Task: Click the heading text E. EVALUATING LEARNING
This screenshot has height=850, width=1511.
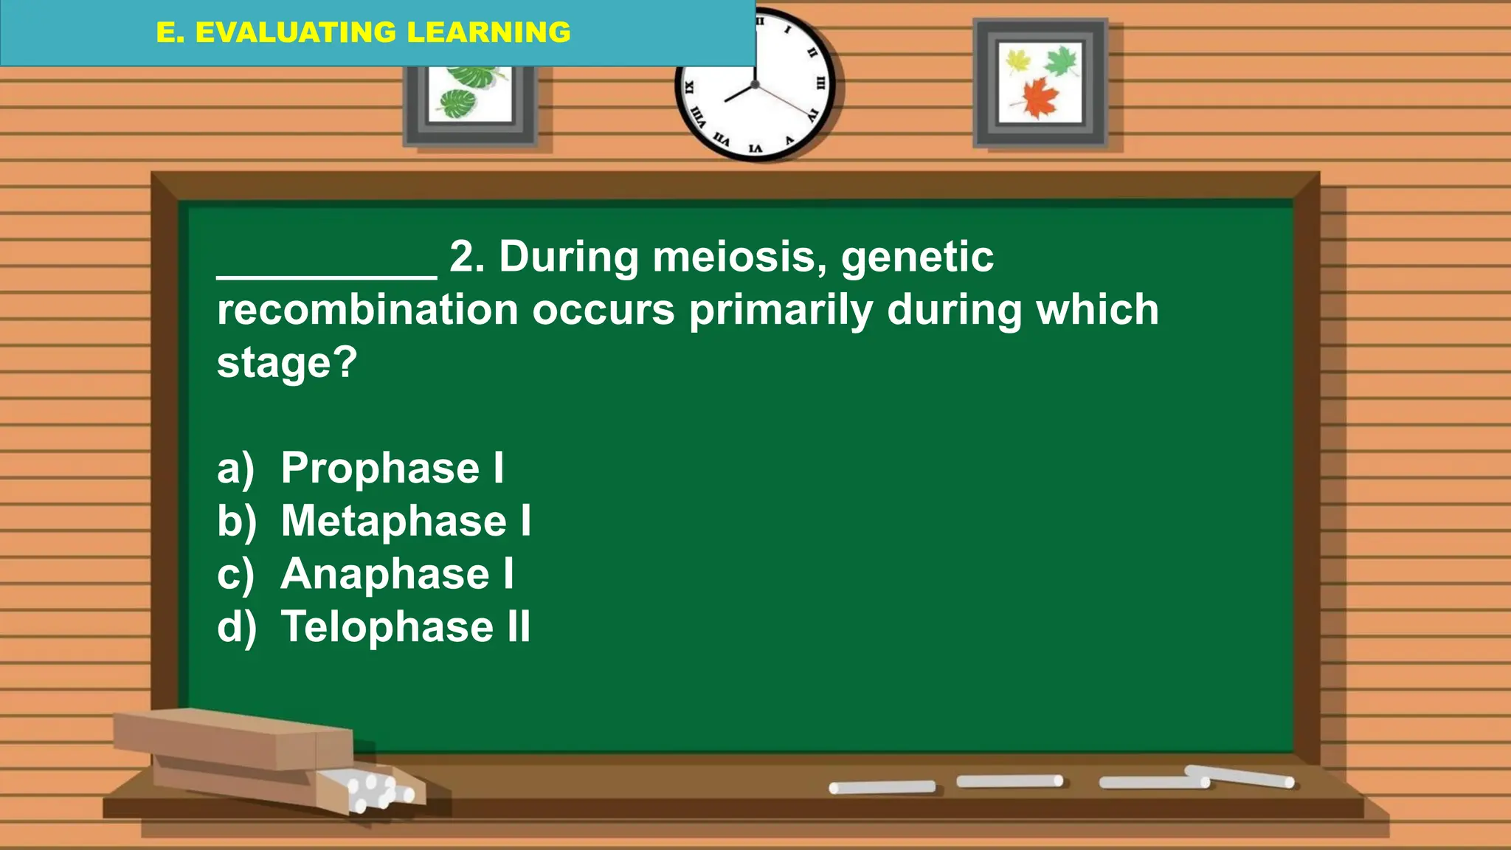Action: [x=363, y=32]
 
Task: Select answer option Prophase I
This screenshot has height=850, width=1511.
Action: [x=392, y=468]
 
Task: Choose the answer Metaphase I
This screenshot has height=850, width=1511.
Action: [x=405, y=521]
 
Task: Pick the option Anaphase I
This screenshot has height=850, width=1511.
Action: [x=397, y=574]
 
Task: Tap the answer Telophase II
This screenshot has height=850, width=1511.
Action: [x=405, y=627]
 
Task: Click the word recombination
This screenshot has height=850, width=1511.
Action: [x=367, y=310]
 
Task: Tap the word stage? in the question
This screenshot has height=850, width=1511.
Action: [x=286, y=363]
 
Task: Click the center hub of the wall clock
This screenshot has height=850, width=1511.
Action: [x=755, y=85]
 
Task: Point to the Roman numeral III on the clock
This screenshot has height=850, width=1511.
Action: [x=820, y=83]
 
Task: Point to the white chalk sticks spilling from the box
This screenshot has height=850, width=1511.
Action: [x=376, y=789]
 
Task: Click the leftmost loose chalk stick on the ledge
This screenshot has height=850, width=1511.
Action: [x=882, y=787]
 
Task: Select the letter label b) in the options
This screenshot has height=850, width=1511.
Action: [x=236, y=521]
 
